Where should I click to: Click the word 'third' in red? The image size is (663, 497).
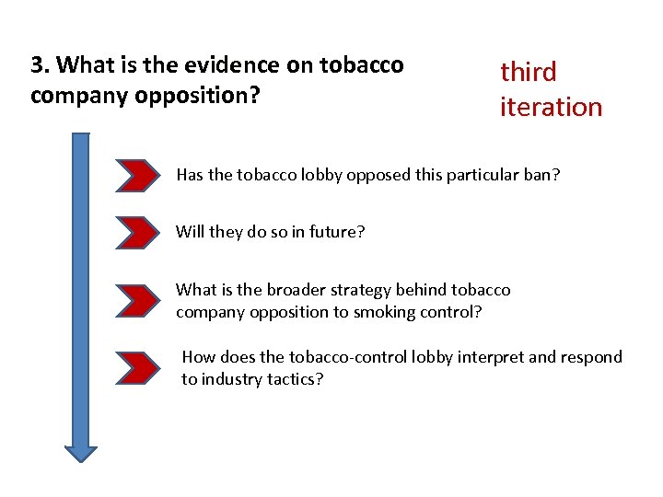coord(528,72)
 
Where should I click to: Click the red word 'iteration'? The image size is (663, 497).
coord(551,107)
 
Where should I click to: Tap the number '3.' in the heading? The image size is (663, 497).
coord(40,65)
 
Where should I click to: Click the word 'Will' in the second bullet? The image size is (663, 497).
coord(191,232)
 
